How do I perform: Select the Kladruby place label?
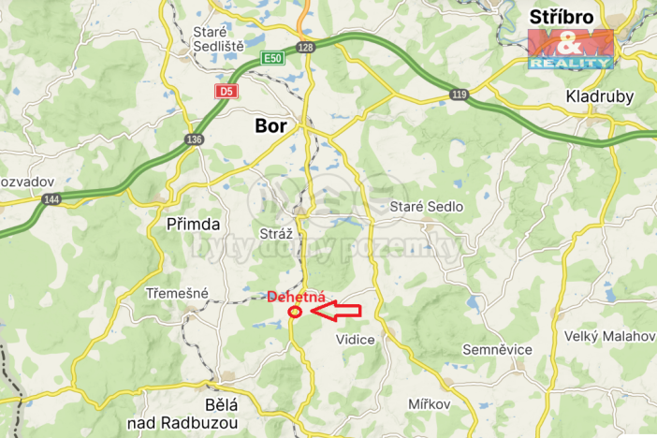pyautogui.click(x=600, y=96)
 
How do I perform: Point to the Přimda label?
pyautogui.click(x=193, y=225)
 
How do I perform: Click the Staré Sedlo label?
pyautogui.click(x=427, y=206)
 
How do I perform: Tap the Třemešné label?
pyautogui.click(x=177, y=293)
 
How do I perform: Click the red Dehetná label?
pyautogui.click(x=296, y=296)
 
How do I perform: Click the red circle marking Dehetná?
pyautogui.click(x=295, y=312)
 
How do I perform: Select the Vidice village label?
pyautogui.click(x=356, y=340)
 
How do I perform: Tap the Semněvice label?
pyautogui.click(x=497, y=349)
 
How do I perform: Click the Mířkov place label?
pyautogui.click(x=430, y=403)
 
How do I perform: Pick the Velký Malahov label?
pyautogui.click(x=608, y=335)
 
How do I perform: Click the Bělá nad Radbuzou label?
pyautogui.click(x=221, y=414)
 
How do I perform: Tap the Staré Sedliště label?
pyautogui.click(x=217, y=38)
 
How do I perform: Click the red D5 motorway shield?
pyautogui.click(x=226, y=91)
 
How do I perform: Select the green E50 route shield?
pyautogui.click(x=272, y=58)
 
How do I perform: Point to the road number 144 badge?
pyautogui.click(x=51, y=199)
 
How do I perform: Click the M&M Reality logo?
pyautogui.click(x=570, y=49)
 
